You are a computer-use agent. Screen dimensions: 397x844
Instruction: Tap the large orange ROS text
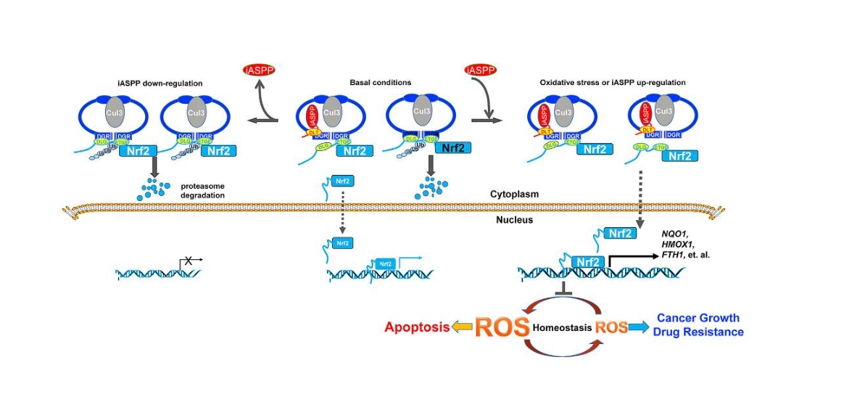(x=502, y=327)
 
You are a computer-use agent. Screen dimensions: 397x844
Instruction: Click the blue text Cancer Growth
(x=698, y=318)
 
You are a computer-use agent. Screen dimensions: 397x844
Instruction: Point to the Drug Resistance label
(x=698, y=332)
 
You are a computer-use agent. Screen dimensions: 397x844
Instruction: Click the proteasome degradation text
(x=204, y=191)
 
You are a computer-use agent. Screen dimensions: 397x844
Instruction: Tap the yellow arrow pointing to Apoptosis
(x=462, y=327)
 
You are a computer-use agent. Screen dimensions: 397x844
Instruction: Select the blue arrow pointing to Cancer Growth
(x=638, y=327)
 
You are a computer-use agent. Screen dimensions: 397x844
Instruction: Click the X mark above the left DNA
(x=187, y=259)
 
